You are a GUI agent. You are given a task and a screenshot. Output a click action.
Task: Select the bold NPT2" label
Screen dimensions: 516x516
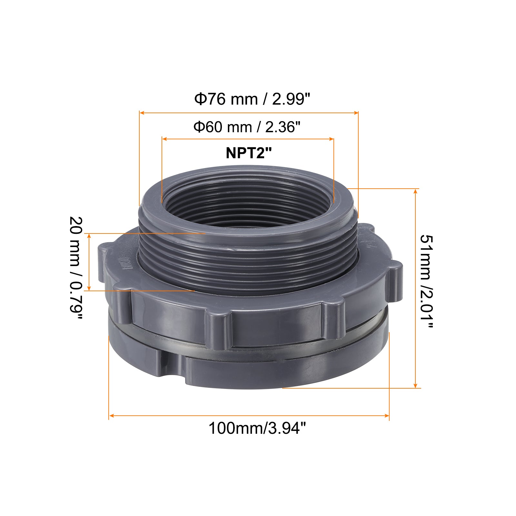249,153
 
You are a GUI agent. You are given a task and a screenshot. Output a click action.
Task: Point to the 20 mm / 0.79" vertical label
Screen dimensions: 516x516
76,268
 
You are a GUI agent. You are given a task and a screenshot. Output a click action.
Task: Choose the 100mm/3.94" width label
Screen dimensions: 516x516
257,428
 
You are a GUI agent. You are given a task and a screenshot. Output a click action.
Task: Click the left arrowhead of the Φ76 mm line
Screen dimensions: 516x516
142,113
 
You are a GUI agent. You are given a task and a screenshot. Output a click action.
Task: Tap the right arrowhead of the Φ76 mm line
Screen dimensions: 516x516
356,113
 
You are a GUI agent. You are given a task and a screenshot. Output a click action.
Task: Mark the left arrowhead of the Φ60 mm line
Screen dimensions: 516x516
164,139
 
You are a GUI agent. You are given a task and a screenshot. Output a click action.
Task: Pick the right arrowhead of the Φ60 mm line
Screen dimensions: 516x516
331,139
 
